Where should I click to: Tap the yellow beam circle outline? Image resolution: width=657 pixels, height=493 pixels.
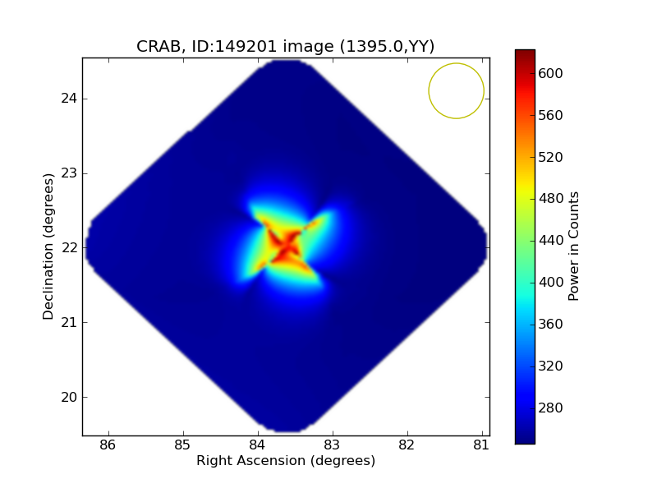pyautogui.click(x=429, y=90)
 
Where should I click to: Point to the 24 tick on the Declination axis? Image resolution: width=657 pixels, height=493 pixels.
pyautogui.click(x=67, y=99)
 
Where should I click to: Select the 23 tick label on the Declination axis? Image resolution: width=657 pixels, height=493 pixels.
pyautogui.click(x=67, y=173)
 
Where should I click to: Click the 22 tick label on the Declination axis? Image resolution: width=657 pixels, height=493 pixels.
pyautogui.click(x=67, y=248)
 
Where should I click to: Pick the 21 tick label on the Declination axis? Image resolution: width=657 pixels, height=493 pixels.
pyautogui.click(x=67, y=322)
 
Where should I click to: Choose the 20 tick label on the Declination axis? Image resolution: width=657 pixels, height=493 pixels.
pyautogui.click(x=67, y=397)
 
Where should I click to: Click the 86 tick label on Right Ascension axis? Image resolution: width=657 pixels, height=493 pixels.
pyautogui.click(x=108, y=445)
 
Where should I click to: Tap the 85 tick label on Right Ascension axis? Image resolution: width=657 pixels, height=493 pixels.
pyautogui.click(x=182, y=445)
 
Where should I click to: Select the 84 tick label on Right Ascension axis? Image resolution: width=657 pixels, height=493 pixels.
pyautogui.click(x=258, y=445)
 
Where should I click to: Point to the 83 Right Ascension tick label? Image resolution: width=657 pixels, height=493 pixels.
pyautogui.click(x=333, y=445)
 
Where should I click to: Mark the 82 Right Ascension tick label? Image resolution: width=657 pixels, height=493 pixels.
pyautogui.click(x=407, y=445)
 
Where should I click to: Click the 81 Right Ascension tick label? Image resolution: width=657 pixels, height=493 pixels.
pyautogui.click(x=481, y=445)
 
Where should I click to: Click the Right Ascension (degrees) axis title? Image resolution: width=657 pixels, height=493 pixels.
pyautogui.click(x=286, y=461)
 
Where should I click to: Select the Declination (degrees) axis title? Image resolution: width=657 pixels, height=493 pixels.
pyautogui.click(x=48, y=246)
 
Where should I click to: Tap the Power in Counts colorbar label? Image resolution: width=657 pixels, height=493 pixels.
pyautogui.click(x=574, y=246)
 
